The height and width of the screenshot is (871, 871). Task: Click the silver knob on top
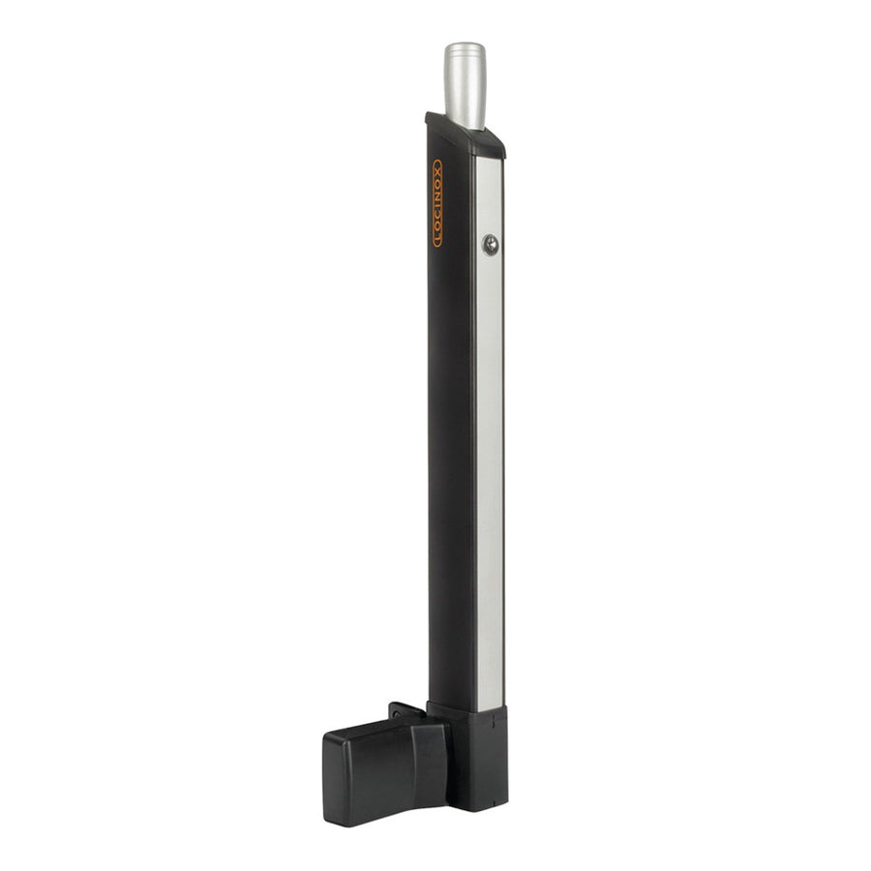pos(465,87)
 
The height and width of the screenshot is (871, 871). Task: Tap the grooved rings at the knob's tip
pos(465,48)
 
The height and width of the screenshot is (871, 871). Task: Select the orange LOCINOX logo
pos(437,202)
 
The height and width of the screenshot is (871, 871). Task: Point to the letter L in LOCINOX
pos(437,240)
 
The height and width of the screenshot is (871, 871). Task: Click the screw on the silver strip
pos(490,244)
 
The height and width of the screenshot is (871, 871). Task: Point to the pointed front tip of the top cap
pos(430,118)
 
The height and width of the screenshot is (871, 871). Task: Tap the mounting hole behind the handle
pos(396,717)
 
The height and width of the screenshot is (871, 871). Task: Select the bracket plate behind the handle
pos(406,714)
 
